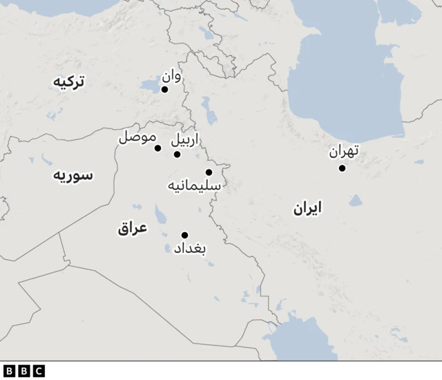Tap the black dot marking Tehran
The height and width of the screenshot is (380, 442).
[342, 168]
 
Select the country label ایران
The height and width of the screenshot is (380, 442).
[308, 208]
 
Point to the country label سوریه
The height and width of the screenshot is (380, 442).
[73, 175]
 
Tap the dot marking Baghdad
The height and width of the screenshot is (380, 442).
[184, 235]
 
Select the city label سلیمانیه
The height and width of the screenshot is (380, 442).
[194, 186]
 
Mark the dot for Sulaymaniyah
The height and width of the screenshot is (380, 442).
[209, 172]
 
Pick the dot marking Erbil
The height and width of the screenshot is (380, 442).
[177, 154]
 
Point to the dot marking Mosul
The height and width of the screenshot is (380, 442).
[157, 148]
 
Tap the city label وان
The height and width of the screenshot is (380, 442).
[172, 76]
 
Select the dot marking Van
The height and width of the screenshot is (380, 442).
[164, 89]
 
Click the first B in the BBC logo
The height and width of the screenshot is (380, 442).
[9, 371]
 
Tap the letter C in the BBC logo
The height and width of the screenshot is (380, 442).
[38, 371]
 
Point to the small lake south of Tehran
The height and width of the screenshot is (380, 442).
[355, 200]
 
